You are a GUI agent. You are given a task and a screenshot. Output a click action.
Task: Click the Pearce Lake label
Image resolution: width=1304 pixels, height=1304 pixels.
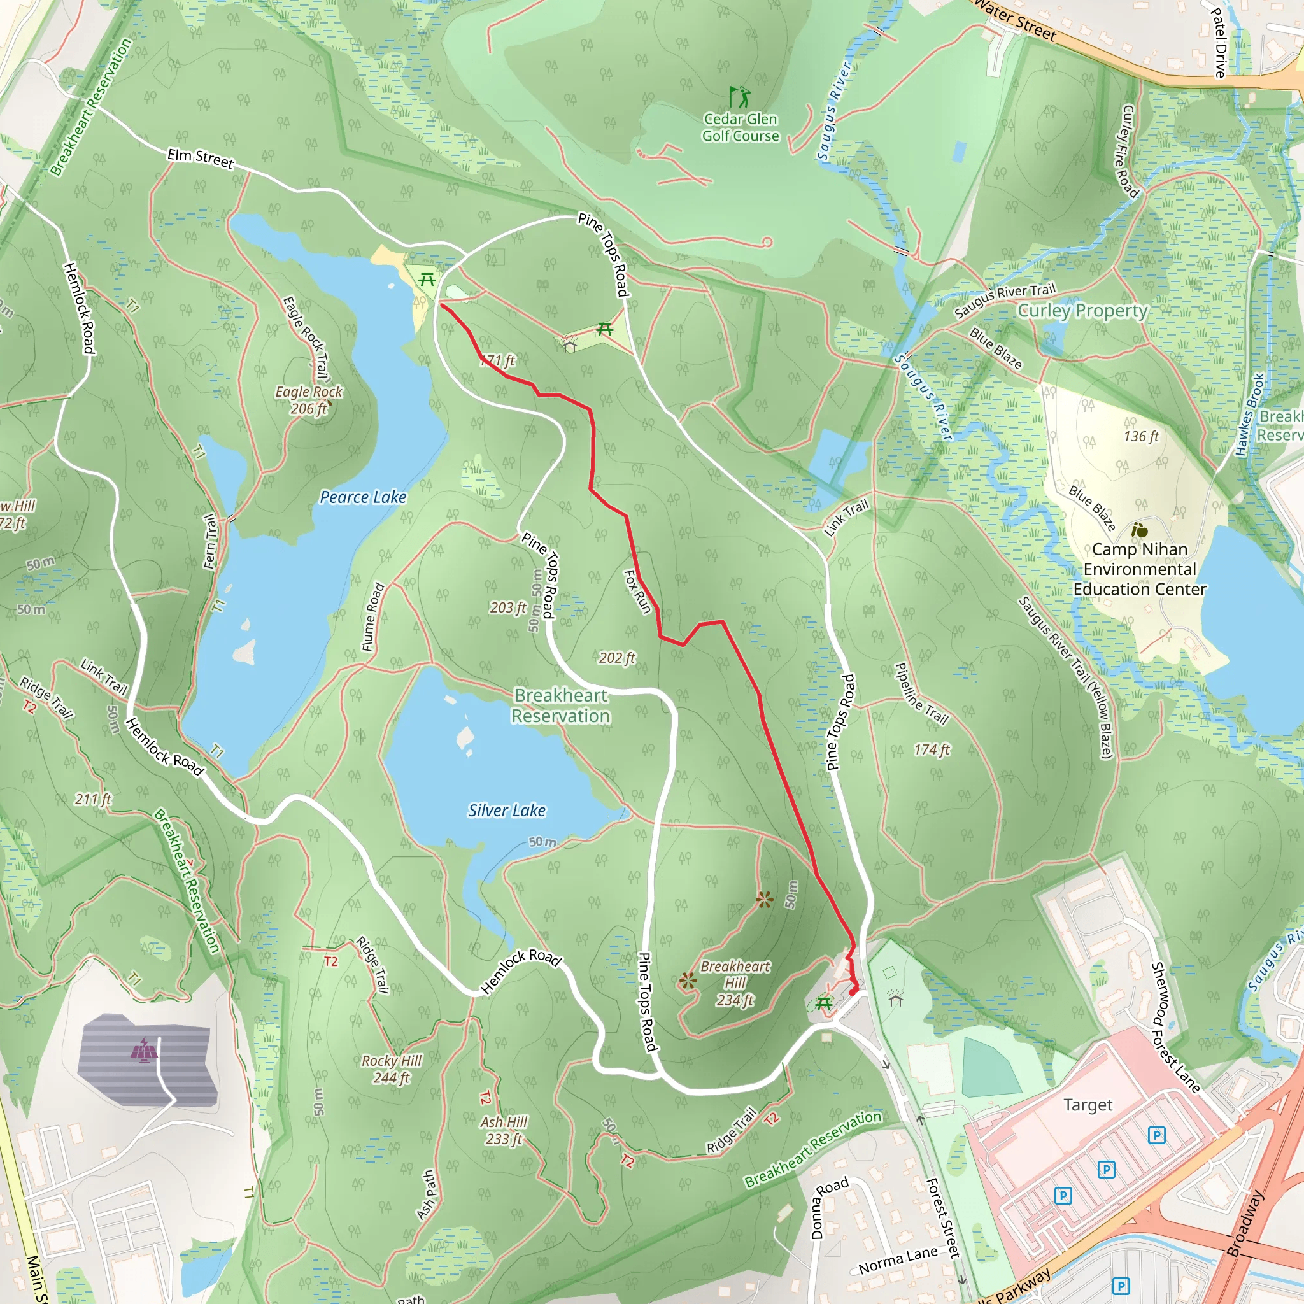click(362, 497)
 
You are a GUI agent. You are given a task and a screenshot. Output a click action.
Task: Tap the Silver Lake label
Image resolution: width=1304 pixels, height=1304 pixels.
click(506, 811)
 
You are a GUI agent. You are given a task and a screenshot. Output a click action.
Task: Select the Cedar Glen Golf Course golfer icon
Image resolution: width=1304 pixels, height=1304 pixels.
click(740, 97)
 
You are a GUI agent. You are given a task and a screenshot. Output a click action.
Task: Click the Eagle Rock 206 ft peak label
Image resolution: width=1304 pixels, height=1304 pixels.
click(308, 400)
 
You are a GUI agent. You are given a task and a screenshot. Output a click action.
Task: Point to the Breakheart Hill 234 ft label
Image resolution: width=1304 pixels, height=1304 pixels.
click(734, 983)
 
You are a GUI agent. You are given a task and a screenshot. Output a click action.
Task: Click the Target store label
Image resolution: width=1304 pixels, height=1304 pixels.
click(1088, 1105)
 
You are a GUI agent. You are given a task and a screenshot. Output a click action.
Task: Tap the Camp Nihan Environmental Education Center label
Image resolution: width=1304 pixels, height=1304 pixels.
click(1139, 569)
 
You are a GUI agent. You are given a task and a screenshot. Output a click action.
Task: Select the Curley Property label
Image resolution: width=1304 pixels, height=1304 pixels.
click(1082, 311)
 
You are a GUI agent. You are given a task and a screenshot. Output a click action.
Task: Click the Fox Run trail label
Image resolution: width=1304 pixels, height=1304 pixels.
click(637, 592)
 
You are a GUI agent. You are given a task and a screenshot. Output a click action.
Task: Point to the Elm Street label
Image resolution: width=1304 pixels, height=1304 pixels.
click(200, 159)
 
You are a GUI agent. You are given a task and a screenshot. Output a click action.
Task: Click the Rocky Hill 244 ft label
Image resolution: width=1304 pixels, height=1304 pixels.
click(391, 1069)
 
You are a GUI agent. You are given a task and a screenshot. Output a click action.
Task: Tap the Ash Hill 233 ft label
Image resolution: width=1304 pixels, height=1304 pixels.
click(504, 1130)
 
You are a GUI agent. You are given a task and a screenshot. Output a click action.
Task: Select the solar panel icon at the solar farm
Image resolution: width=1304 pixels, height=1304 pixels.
click(144, 1049)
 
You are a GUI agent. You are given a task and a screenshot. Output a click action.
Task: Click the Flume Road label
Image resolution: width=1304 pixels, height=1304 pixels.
click(373, 617)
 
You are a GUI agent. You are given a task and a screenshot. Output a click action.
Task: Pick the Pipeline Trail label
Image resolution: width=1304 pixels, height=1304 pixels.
click(921, 693)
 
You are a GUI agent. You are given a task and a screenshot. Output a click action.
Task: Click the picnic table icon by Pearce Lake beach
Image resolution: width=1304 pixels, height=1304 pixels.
click(427, 279)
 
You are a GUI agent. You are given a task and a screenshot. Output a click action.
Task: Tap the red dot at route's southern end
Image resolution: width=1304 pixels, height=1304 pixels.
click(853, 991)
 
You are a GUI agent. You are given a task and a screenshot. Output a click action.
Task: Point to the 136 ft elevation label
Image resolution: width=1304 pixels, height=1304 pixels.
click(1140, 437)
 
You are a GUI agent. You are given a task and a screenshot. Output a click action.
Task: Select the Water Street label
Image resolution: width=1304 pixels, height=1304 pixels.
click(1015, 20)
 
